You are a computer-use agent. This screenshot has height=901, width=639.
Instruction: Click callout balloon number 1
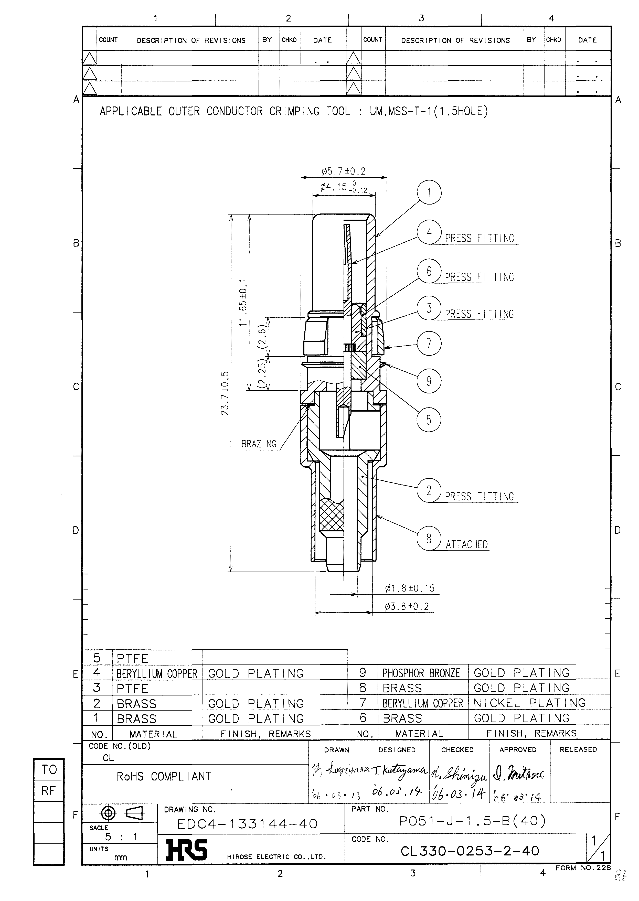[x=429, y=192]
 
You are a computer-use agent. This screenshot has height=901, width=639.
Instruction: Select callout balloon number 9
[x=429, y=381]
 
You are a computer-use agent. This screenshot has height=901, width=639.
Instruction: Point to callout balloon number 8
[x=429, y=538]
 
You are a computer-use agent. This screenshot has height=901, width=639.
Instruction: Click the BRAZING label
[x=259, y=444]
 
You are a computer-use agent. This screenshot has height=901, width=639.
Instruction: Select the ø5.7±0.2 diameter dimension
[x=344, y=171]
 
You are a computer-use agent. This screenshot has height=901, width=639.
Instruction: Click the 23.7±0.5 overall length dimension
[x=225, y=393]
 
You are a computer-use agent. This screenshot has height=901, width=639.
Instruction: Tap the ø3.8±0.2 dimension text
[x=407, y=606]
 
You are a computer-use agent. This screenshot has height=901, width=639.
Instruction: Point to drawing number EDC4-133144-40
[x=248, y=824]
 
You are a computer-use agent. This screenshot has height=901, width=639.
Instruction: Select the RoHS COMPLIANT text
[x=164, y=777]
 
